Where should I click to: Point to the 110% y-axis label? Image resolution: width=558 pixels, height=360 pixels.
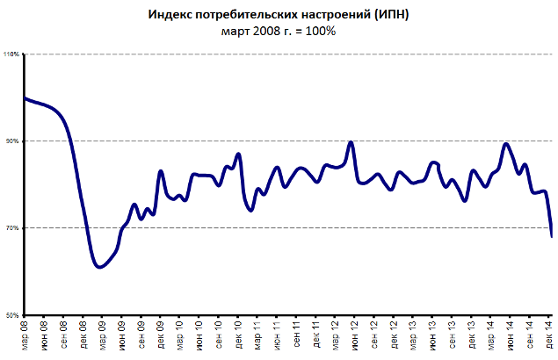pos(11,54)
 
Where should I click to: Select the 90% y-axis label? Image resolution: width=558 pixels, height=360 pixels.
pos(12,141)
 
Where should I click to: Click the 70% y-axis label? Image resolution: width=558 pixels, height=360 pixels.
pos(12,228)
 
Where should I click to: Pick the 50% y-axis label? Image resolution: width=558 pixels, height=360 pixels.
pos(12,314)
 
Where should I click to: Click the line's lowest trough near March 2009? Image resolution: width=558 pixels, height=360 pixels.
pos(99,267)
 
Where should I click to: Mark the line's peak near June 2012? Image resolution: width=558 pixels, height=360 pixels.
pos(351,141)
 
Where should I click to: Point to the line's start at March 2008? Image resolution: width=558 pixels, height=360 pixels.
pos(25,98)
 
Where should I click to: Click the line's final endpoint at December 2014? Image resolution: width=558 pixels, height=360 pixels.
pos(551,236)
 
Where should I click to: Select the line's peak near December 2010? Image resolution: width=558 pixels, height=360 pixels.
pos(238,155)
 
